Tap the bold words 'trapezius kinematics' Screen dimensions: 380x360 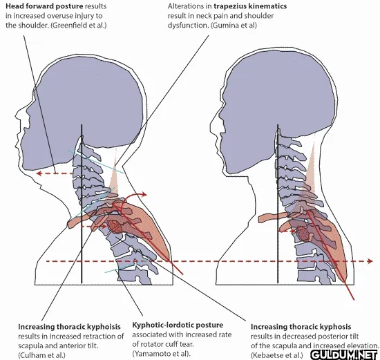pos(250,6)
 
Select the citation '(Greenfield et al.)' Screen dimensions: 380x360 pos(78,25)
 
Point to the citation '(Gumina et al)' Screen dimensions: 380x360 pos(234,25)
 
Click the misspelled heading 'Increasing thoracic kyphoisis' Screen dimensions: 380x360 pos(69,327)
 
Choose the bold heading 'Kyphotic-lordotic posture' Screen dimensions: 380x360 pos(178,325)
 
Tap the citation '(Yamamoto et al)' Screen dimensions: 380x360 pos(160,354)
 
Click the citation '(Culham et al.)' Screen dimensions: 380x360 pos(41,355)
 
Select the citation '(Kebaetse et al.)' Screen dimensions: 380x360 pos(277,355)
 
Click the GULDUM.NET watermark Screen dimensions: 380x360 pos(344,355)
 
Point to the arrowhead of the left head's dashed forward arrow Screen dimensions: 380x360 pos(39,173)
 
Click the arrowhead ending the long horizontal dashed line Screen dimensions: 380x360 pos(370,261)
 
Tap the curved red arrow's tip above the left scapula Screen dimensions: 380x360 pos(144,194)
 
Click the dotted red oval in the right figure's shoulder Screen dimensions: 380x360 pos(303,234)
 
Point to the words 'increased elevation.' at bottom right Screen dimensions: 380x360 pos(345,346)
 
